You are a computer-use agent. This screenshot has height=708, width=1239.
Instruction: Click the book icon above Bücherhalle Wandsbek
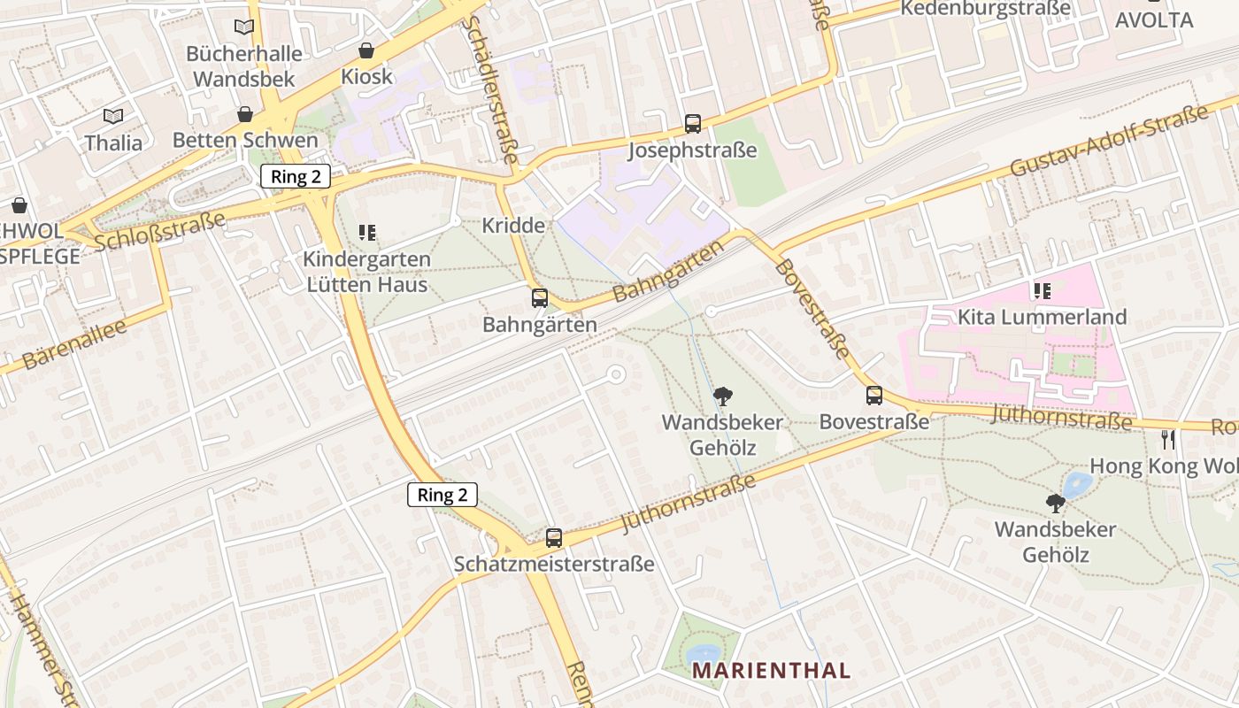pos(244,27)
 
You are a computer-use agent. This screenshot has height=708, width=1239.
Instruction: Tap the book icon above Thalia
pos(113,116)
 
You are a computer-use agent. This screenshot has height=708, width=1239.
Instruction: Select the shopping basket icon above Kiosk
pos(366,50)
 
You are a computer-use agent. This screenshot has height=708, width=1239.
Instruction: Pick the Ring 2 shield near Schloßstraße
pos(296,176)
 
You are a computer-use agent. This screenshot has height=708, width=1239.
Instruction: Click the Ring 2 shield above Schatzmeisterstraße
pos(442,495)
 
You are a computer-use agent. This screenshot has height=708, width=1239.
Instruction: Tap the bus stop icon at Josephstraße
pos(692,124)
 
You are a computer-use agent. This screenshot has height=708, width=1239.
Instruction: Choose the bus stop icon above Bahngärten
pos(540,298)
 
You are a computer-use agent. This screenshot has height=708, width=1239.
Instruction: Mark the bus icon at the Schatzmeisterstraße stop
pos(554,537)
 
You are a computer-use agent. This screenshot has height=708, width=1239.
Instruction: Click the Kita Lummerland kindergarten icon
pos(1042,290)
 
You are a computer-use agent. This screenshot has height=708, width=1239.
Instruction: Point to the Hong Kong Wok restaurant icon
pos(1168,439)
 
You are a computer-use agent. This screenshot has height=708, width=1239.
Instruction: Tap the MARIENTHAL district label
pos(771,670)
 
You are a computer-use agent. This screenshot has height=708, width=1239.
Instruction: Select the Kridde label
pos(513,226)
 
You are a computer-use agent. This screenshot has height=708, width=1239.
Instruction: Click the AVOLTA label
pos(1154,19)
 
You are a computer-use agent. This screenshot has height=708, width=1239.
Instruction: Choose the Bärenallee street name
pos(74,343)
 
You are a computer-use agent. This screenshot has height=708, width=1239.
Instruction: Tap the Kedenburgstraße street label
pos(985,9)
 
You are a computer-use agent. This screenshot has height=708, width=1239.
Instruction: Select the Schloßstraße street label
pos(160,230)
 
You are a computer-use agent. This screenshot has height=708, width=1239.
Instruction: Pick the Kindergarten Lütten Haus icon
pos(367,233)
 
